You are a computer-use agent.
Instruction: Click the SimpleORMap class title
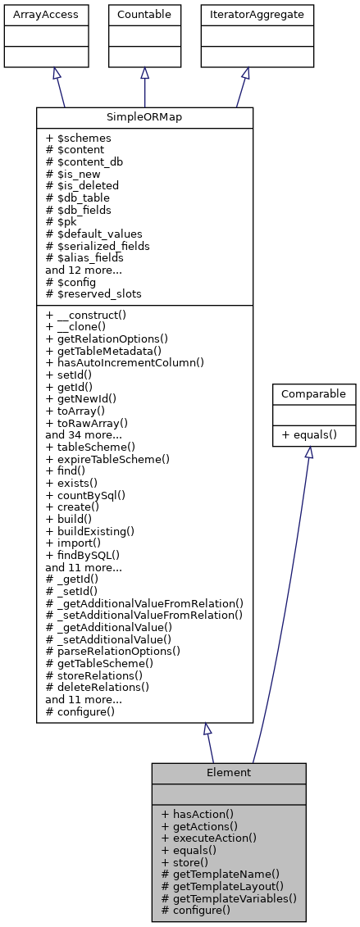click(x=144, y=118)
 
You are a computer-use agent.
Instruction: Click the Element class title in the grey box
click(x=228, y=772)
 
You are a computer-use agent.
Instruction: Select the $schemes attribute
click(x=78, y=139)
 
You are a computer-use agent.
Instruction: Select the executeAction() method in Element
click(x=209, y=838)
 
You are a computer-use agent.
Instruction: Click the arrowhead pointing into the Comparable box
click(x=309, y=453)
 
